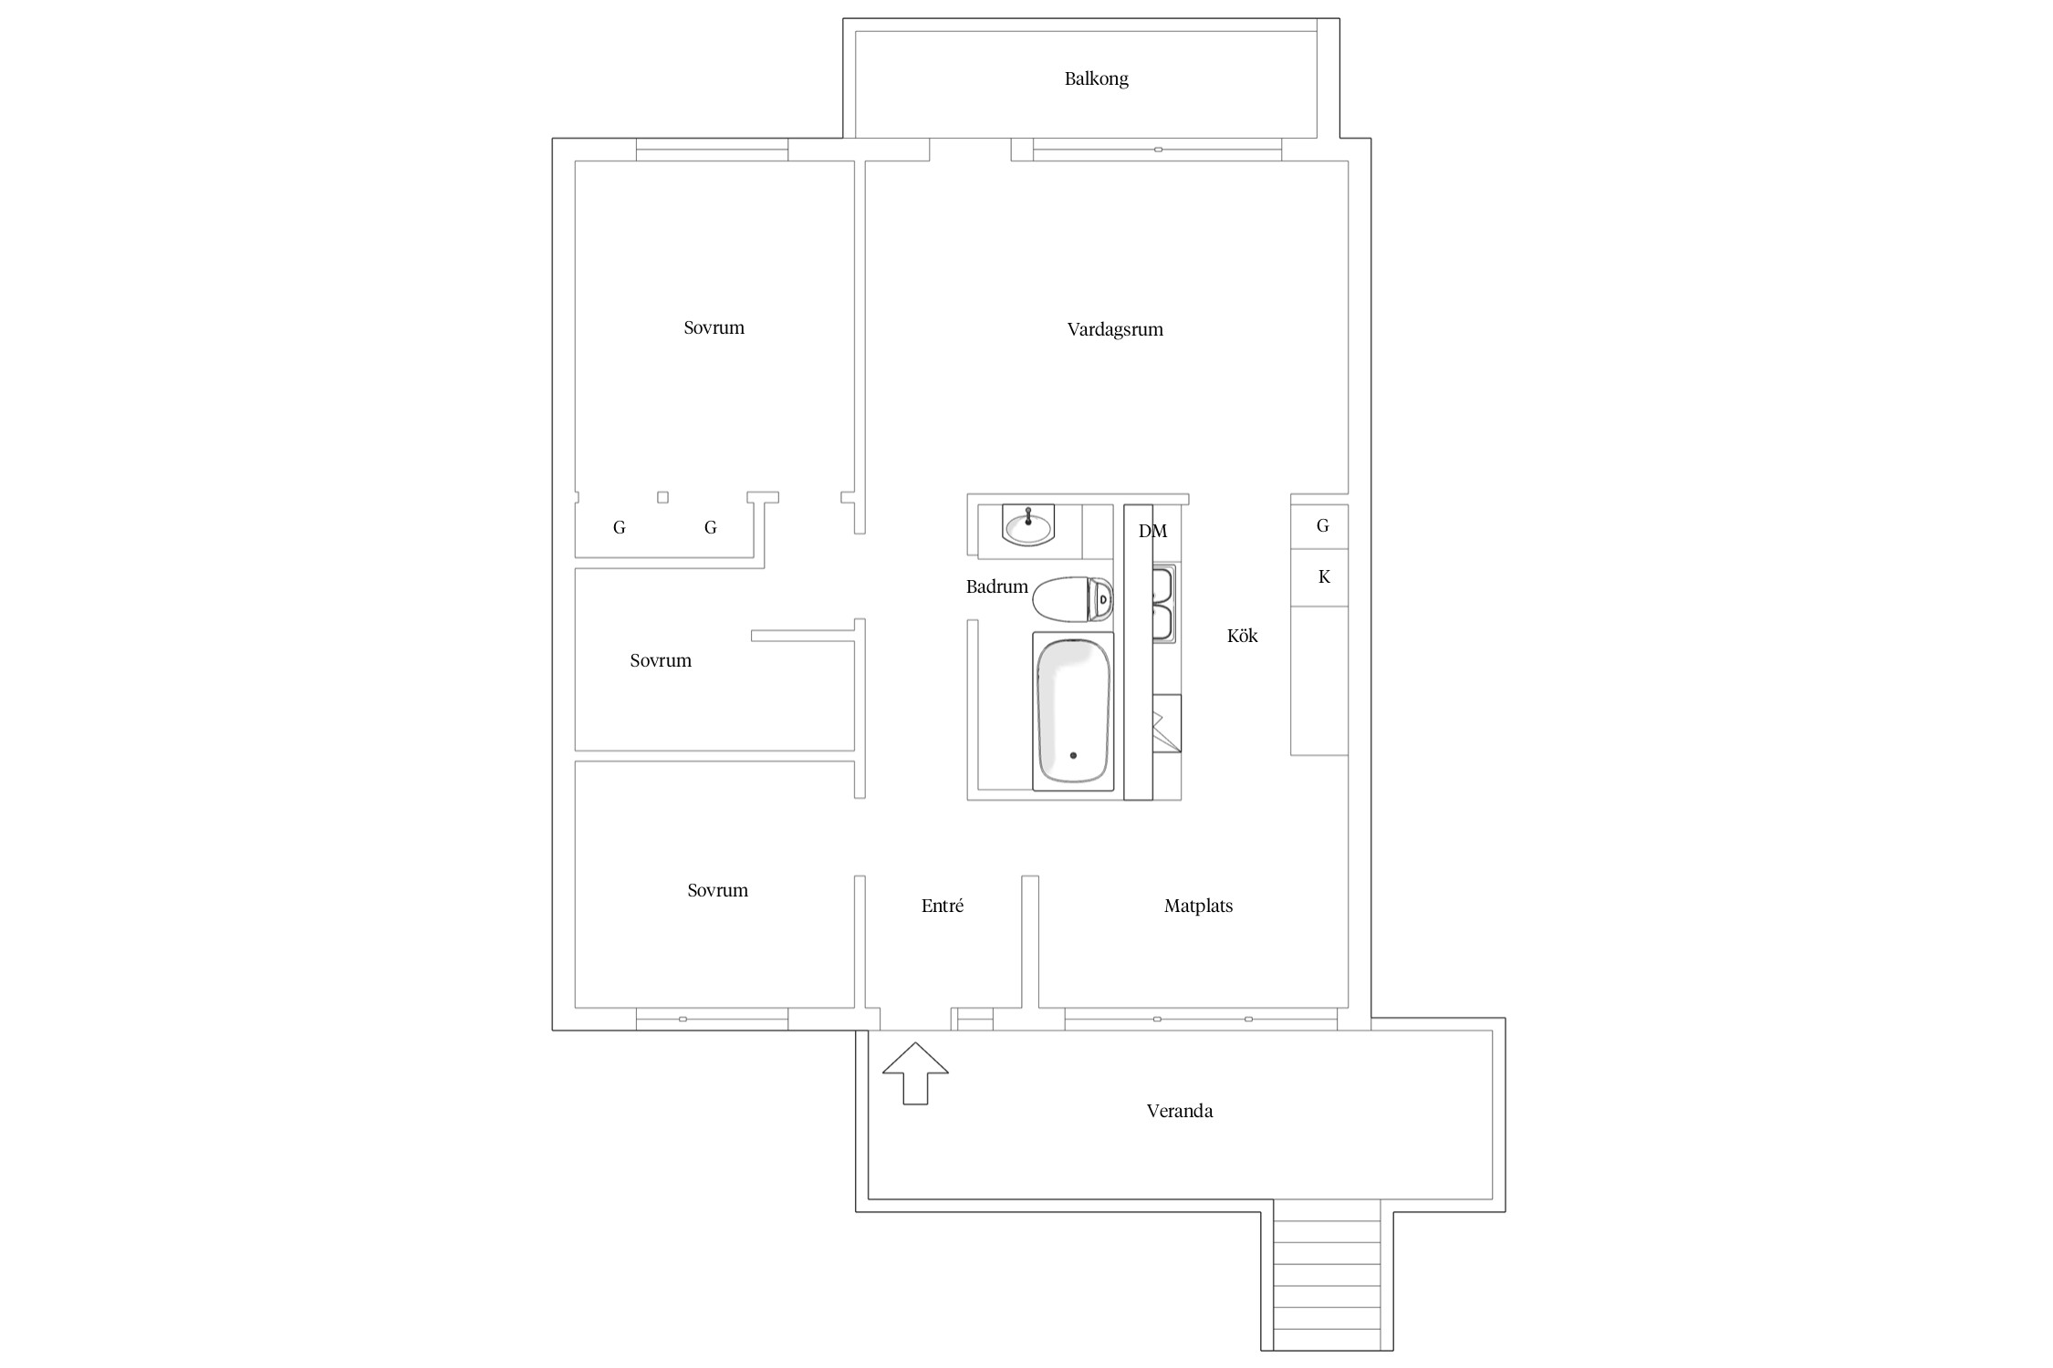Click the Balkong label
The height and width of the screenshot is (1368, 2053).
(x=1096, y=79)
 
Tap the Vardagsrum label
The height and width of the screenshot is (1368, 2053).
(x=1115, y=329)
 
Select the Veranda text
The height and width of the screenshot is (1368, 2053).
(x=1180, y=1111)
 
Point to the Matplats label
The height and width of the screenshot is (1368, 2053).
(x=1198, y=906)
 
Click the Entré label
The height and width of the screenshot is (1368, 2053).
(x=943, y=906)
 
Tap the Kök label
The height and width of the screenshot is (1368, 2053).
(x=1242, y=636)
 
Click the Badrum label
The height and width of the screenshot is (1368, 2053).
(x=996, y=586)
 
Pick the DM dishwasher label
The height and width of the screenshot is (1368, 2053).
(x=1152, y=531)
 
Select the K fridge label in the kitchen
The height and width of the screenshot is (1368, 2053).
(x=1324, y=576)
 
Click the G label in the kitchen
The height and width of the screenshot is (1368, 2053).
(x=1323, y=525)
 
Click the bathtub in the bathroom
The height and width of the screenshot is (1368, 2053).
(x=1073, y=711)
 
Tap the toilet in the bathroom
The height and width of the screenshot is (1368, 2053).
(x=1073, y=599)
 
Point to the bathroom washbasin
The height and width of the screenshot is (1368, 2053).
(x=1028, y=524)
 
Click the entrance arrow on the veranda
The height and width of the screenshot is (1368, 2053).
(x=915, y=1073)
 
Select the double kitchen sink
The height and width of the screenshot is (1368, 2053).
(x=1163, y=604)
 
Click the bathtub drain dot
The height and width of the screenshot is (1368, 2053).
(x=1073, y=755)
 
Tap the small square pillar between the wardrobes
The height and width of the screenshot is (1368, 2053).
(x=663, y=497)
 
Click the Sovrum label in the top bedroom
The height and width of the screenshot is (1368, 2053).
(x=714, y=327)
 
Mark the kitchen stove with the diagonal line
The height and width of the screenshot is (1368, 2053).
(x=1167, y=723)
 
